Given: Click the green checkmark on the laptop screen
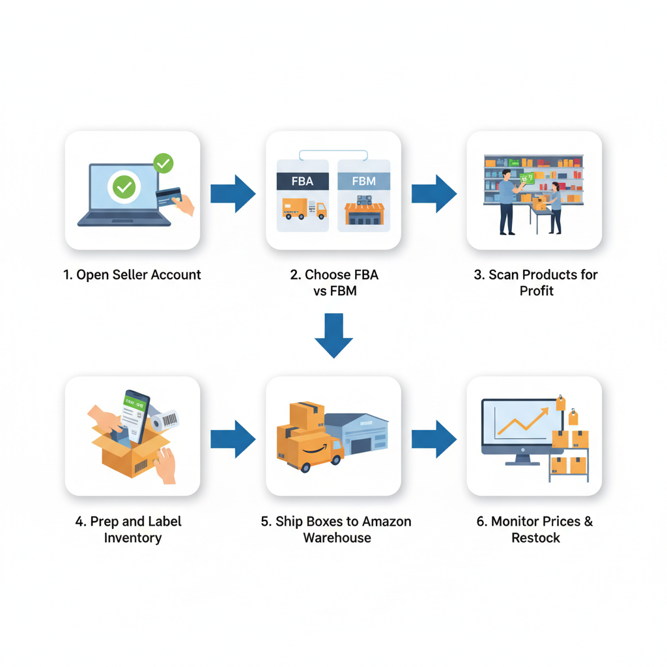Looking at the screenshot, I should coord(123,188).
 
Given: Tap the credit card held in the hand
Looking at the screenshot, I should coord(169,196).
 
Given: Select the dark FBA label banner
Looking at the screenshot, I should coord(302,181).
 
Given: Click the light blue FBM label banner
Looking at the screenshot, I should coord(364,181).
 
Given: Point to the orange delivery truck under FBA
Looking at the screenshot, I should coord(304,209).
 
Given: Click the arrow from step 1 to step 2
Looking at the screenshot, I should coord(233,193).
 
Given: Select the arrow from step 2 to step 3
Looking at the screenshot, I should coord(434,193).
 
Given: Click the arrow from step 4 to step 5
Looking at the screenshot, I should coord(233,438).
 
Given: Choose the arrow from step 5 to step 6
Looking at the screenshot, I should coord(434,438).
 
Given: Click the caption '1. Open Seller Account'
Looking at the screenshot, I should coord(132,275).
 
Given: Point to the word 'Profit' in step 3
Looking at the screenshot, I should coord(536,291).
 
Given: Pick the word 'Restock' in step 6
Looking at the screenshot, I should coord(535,538).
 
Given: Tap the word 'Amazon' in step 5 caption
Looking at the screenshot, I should coord(386,522).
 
